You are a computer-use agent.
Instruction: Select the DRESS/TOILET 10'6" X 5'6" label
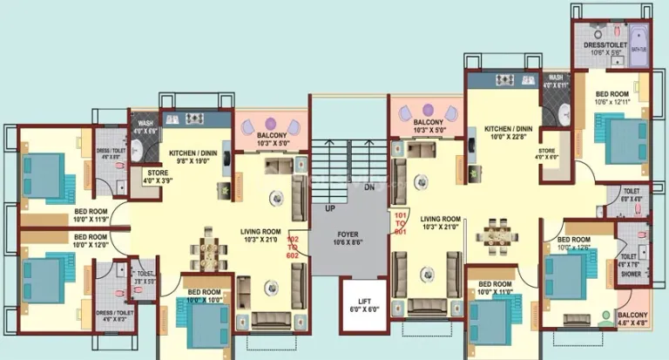pos(600,48)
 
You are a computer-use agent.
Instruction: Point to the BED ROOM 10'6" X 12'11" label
pos(613,98)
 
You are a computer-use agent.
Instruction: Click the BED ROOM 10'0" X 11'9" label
pos(90,214)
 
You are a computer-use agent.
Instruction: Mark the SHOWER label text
pos(631,273)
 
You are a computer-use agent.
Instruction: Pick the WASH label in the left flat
pos(145,123)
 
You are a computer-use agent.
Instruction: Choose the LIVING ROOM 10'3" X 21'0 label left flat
pos(260,235)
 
